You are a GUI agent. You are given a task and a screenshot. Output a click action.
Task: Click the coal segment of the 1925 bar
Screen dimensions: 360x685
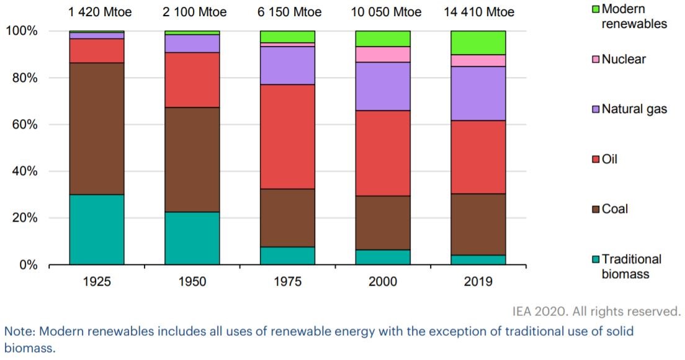[x=97, y=128]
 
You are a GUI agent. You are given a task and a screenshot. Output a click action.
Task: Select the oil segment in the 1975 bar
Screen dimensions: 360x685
[x=287, y=137]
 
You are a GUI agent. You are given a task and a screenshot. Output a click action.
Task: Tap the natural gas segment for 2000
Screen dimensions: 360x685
[x=383, y=86]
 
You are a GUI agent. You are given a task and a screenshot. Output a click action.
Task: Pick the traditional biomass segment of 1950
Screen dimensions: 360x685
[x=192, y=238]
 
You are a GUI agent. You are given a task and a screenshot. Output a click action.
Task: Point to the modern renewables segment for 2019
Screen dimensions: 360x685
[x=478, y=42]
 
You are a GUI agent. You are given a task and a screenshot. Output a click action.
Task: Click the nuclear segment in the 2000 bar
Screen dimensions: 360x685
[x=383, y=54]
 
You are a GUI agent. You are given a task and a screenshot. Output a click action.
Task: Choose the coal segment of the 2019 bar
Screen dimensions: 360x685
[x=478, y=224]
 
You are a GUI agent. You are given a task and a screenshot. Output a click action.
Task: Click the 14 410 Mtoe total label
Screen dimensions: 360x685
[x=478, y=12]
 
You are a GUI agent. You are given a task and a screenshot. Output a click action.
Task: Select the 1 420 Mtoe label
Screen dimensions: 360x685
[x=97, y=12]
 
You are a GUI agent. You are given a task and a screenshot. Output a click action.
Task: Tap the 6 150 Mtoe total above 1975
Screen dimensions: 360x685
[x=287, y=12]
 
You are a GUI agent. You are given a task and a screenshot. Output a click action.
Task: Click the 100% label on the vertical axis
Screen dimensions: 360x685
[x=22, y=31]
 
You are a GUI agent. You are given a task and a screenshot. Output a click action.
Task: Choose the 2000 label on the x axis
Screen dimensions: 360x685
[x=383, y=281]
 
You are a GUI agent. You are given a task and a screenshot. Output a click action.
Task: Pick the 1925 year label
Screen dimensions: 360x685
[x=97, y=281]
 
